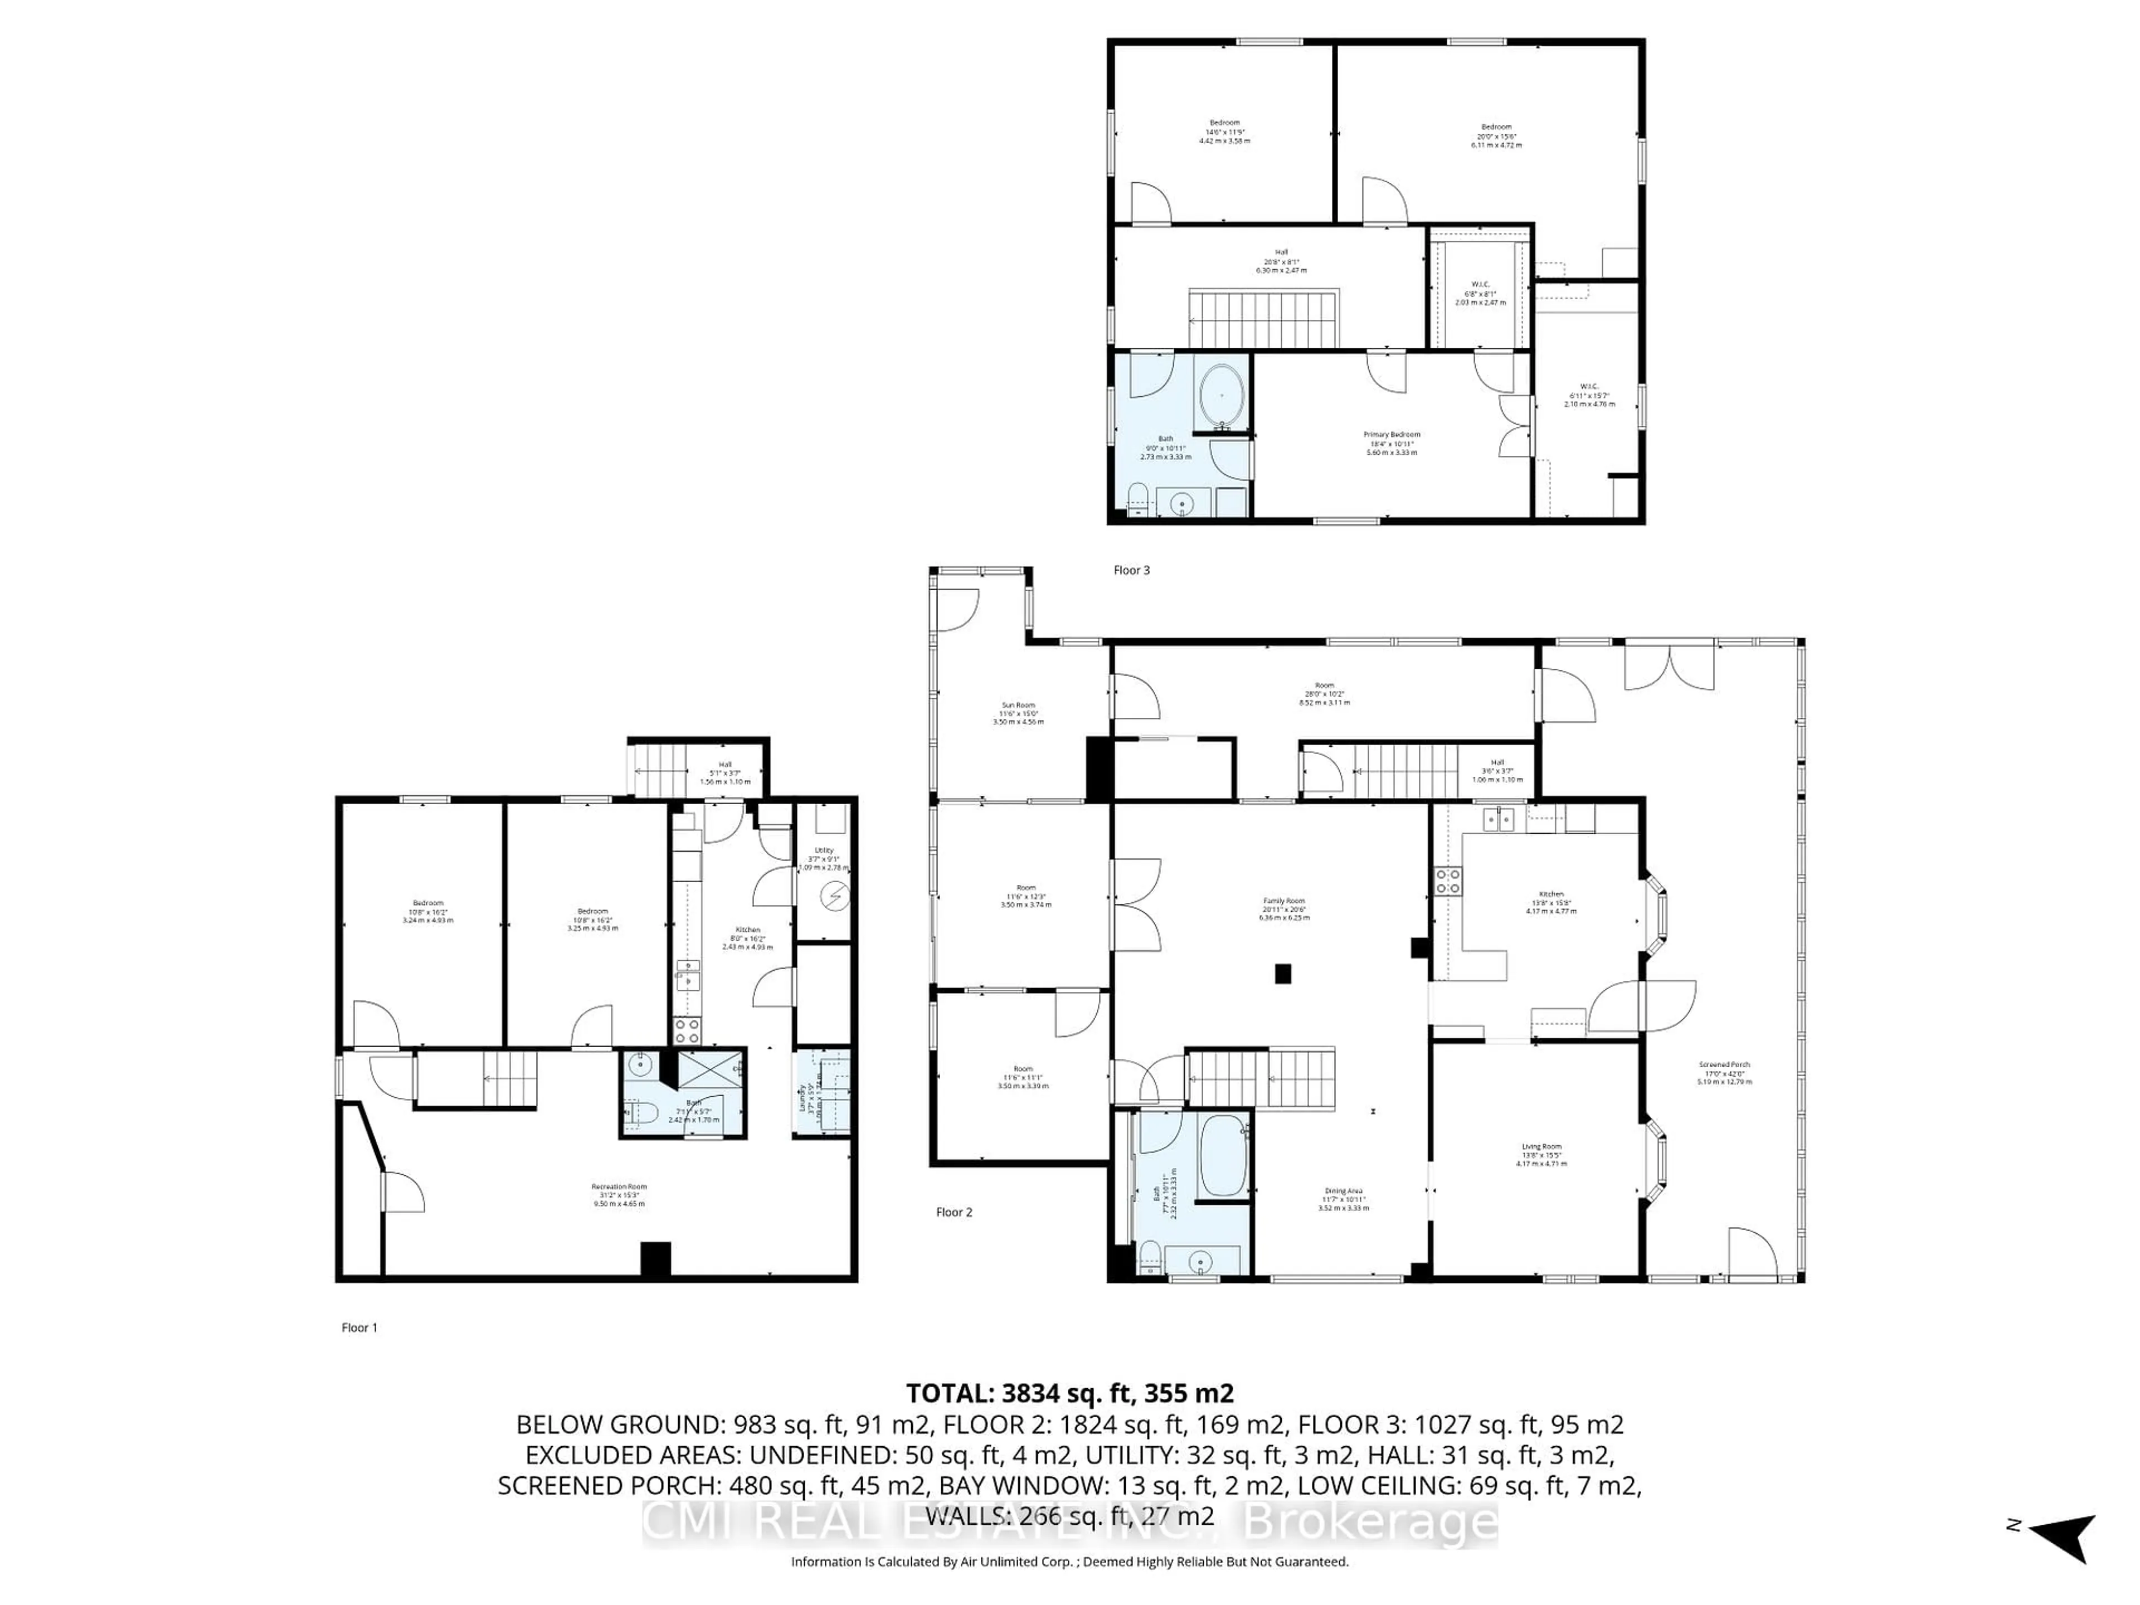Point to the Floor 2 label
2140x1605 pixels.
point(954,1212)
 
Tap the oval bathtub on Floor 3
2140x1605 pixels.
point(1222,397)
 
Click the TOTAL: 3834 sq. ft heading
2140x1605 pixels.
point(1069,1393)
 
